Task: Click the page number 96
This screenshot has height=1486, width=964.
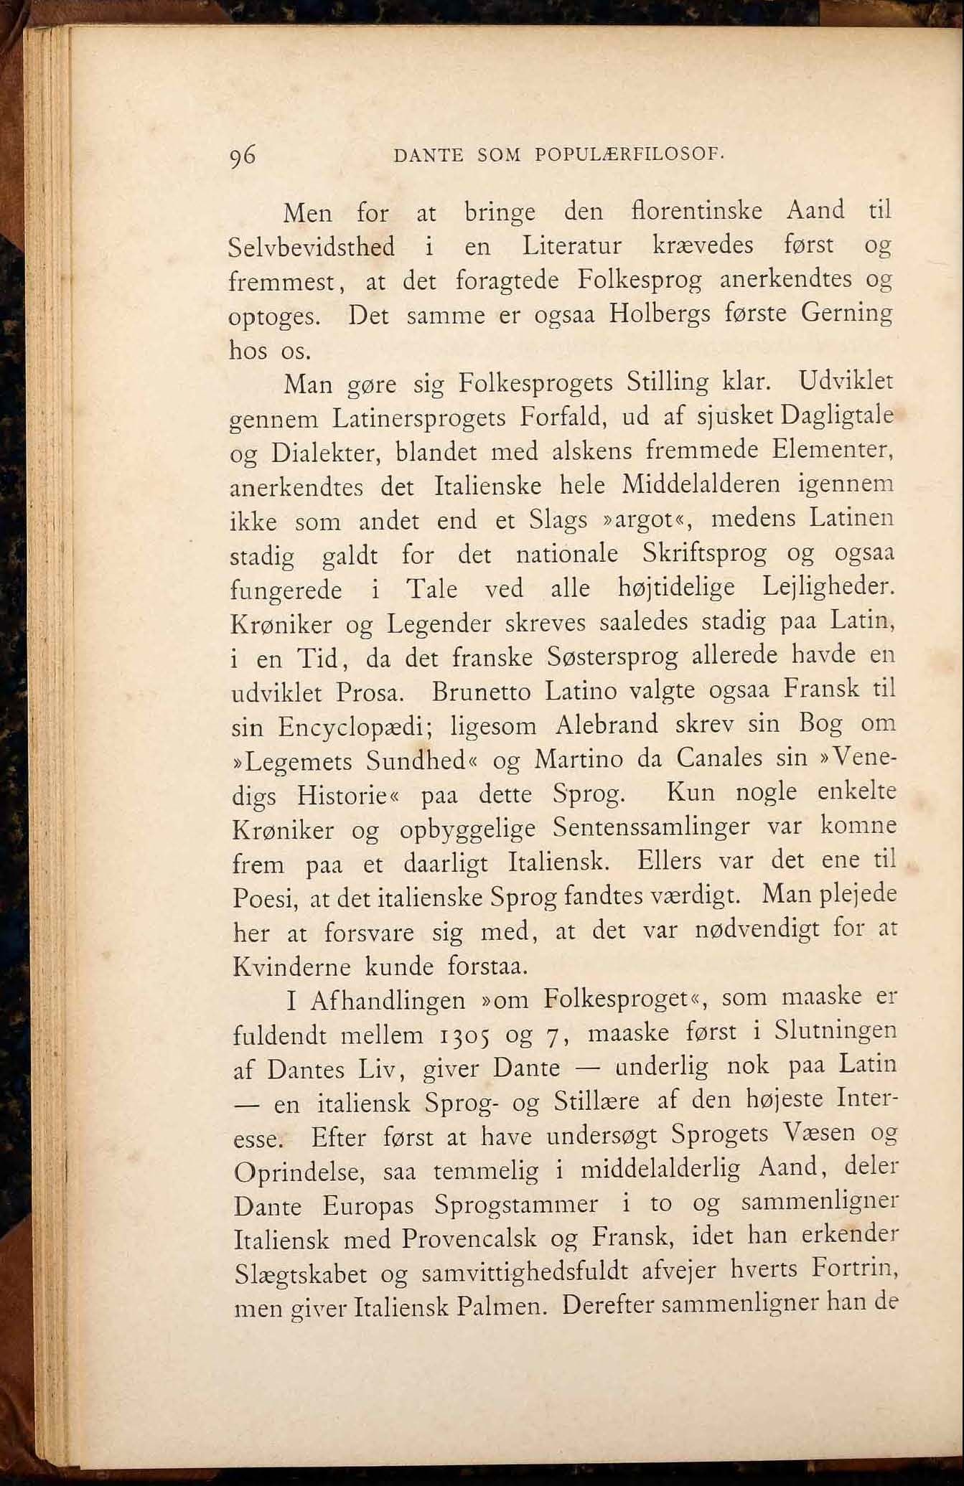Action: coord(243,156)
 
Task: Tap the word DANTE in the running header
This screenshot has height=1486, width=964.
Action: coord(428,155)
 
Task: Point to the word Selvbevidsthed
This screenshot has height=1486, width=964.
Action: coord(312,247)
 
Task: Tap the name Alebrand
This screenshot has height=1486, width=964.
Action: coord(607,725)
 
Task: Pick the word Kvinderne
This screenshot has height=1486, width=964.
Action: coord(292,967)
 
